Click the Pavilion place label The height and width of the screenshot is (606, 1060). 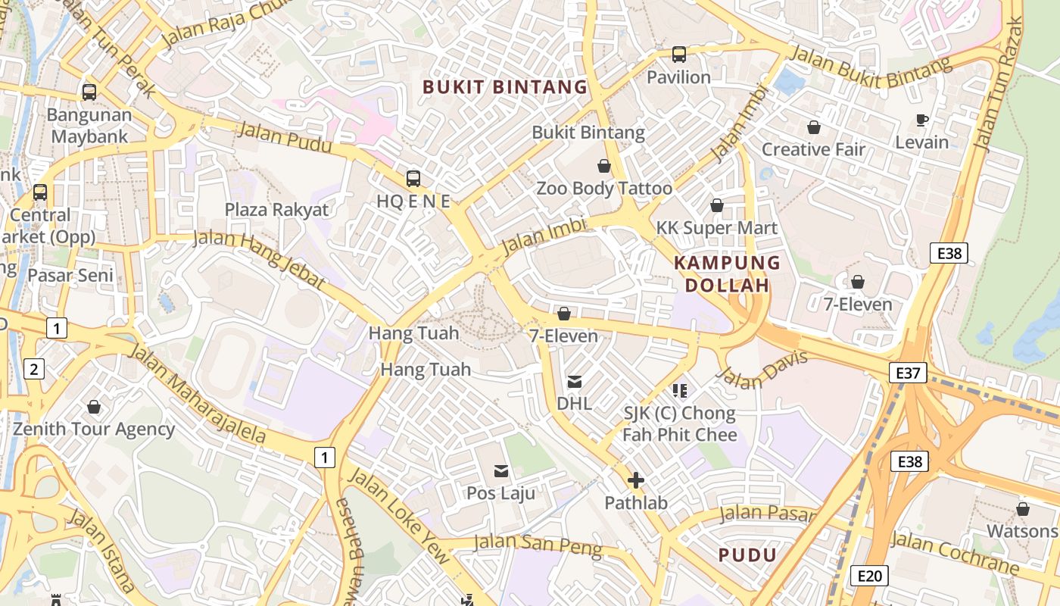point(678,77)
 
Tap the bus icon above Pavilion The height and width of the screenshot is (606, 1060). point(679,55)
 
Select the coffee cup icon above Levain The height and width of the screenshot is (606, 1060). point(921,120)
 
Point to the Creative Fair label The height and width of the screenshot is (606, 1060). point(813,149)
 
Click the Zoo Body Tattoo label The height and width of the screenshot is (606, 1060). point(604,189)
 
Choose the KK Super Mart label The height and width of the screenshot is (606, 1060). point(716,228)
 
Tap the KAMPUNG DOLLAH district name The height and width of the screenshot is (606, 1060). point(727,274)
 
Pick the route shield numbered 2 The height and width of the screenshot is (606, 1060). point(33,370)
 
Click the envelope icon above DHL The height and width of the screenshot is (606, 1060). point(575,382)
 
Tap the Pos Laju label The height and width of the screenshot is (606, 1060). point(500,494)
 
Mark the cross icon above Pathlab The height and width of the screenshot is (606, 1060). point(636,480)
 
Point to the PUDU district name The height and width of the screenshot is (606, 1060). point(747,555)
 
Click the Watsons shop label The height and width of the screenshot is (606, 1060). point(1022,531)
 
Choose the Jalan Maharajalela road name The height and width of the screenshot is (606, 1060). point(198,394)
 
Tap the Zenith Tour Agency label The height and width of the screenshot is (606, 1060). point(94,430)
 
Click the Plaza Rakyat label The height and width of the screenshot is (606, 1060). point(277,210)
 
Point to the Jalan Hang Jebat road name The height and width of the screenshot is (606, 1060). point(260,260)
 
